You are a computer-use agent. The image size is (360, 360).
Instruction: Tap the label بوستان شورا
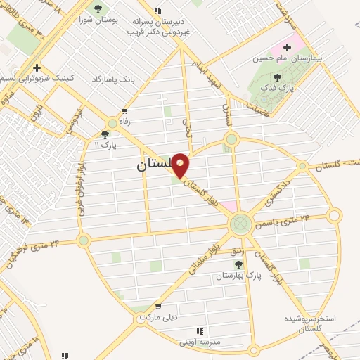[98, 22]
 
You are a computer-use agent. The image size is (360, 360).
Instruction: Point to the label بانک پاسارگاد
[112, 80]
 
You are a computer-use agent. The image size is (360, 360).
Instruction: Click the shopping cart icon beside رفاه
[125, 111]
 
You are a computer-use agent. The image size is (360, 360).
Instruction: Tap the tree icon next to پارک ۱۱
[105, 134]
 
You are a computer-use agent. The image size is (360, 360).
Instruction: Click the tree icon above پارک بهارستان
[238, 264]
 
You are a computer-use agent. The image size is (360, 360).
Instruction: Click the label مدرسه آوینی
[198, 342]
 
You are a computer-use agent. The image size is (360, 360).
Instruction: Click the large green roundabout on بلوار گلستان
[240, 225]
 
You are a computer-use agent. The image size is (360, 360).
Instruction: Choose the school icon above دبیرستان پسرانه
[157, 11]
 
